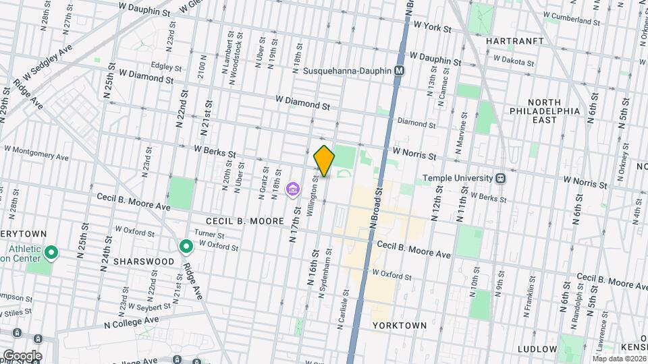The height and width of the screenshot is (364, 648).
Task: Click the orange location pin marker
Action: [325, 160]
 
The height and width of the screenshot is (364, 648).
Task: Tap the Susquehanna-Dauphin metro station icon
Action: [400, 71]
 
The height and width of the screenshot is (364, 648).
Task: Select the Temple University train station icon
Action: [501, 179]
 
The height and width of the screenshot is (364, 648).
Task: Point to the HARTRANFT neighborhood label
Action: [514, 41]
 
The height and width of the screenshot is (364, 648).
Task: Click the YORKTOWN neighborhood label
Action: [400, 326]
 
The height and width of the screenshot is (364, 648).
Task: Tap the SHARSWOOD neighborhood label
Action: [140, 261]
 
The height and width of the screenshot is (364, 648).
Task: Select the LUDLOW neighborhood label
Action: [537, 349]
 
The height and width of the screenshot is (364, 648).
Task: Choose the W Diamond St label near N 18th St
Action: [302, 102]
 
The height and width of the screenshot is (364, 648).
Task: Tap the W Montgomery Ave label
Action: [37, 152]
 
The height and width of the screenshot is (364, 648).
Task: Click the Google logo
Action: [22, 356]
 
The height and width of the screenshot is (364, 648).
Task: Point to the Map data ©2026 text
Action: [619, 359]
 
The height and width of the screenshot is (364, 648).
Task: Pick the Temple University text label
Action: [458, 179]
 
